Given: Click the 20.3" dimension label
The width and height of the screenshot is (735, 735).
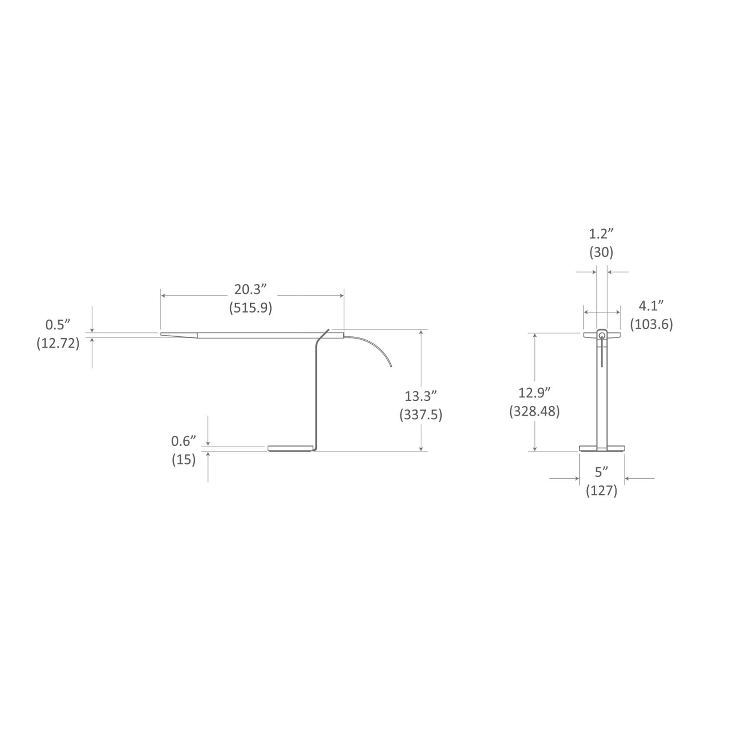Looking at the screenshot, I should click(x=251, y=289).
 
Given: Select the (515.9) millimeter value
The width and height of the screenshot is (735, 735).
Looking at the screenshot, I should click(x=251, y=308).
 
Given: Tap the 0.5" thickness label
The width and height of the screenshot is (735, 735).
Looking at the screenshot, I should click(x=58, y=325).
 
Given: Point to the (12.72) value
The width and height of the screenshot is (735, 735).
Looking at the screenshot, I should click(x=58, y=343).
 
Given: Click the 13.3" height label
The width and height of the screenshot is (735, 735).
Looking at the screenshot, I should click(x=420, y=396).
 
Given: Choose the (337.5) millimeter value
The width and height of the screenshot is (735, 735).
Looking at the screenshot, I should click(x=420, y=415).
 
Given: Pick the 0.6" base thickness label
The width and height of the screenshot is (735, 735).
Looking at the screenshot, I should click(x=184, y=441).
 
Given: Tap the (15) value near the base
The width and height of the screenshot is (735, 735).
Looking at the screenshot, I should click(x=184, y=460).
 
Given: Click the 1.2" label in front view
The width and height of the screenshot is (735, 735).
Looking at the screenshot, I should click(x=601, y=234).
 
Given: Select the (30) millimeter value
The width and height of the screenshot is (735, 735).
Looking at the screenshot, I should click(x=601, y=252).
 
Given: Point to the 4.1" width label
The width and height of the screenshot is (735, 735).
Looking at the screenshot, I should click(x=651, y=306).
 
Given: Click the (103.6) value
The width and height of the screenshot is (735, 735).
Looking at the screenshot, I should click(x=651, y=324).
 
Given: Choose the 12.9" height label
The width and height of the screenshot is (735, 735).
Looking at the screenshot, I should click(x=534, y=393).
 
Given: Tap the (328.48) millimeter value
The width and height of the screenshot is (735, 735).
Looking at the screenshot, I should click(x=534, y=412).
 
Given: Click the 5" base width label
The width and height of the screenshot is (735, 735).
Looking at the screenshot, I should click(x=601, y=472).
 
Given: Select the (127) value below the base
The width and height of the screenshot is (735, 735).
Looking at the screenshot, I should click(x=601, y=491).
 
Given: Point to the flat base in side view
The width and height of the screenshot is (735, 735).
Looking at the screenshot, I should click(x=290, y=448).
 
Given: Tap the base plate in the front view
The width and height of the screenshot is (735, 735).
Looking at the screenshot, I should click(x=602, y=448).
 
